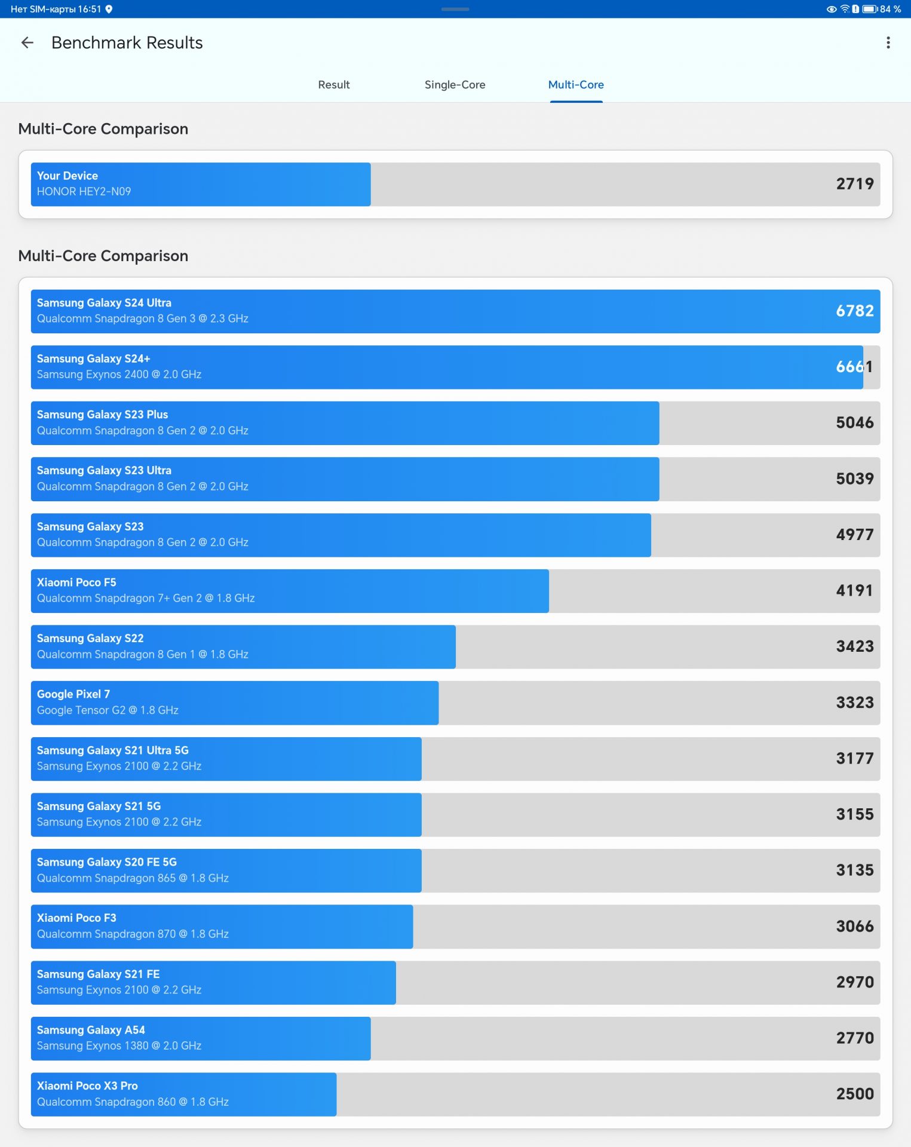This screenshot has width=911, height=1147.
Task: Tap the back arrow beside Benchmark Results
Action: (x=27, y=42)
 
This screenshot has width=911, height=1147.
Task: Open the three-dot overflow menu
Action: (x=888, y=42)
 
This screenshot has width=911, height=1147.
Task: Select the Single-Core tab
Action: (x=455, y=85)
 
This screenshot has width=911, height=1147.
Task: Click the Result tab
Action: (x=333, y=85)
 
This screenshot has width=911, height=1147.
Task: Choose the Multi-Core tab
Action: (x=576, y=85)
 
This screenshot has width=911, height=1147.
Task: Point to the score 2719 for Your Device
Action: (x=854, y=184)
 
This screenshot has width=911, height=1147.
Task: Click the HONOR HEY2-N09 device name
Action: (x=84, y=192)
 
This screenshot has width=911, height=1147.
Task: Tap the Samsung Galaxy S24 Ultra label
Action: (x=104, y=303)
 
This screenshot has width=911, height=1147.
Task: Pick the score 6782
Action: (x=854, y=311)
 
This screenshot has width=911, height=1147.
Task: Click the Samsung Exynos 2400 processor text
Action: (x=119, y=375)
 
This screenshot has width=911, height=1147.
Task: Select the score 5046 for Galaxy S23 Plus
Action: (x=854, y=423)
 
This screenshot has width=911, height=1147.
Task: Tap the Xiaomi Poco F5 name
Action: (x=76, y=582)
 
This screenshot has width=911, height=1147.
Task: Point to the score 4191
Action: (x=854, y=591)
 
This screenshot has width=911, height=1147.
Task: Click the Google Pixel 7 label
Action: (x=73, y=694)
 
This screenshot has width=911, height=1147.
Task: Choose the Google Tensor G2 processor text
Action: (x=108, y=710)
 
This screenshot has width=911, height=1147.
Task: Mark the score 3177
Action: (x=854, y=759)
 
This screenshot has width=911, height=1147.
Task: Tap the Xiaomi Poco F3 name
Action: (x=76, y=918)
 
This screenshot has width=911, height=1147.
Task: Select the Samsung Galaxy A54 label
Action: (x=91, y=1030)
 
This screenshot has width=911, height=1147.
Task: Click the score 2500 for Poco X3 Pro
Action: (x=854, y=1094)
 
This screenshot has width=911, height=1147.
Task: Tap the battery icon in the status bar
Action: (x=869, y=9)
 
